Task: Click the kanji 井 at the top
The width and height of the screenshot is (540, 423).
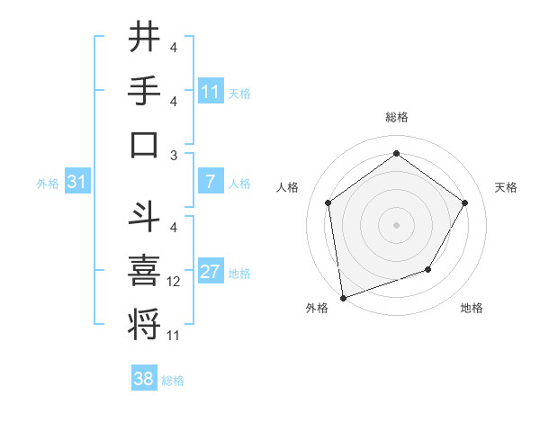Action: click(145, 38)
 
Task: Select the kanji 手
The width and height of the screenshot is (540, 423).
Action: click(145, 91)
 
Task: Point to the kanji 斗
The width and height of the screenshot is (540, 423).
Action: click(145, 216)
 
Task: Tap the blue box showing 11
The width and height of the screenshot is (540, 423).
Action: click(211, 91)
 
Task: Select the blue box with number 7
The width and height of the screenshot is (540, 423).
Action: click(211, 183)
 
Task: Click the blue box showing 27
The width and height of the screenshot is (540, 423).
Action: click(211, 273)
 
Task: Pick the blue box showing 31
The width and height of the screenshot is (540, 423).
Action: click(76, 183)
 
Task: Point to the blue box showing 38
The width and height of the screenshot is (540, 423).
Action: click(144, 379)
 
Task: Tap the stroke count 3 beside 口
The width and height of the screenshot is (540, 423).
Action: click(173, 156)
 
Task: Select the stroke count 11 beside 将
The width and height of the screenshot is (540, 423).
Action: click(174, 335)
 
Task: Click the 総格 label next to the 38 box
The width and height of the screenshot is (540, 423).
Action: click(174, 381)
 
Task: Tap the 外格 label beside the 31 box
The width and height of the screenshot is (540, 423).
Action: click(48, 184)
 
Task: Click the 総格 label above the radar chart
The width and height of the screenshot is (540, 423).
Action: click(396, 117)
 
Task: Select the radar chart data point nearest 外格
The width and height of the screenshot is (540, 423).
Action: click(343, 297)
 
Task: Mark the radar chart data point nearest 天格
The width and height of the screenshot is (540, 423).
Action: click(464, 202)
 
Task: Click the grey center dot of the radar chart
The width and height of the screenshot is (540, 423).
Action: click(396, 224)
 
